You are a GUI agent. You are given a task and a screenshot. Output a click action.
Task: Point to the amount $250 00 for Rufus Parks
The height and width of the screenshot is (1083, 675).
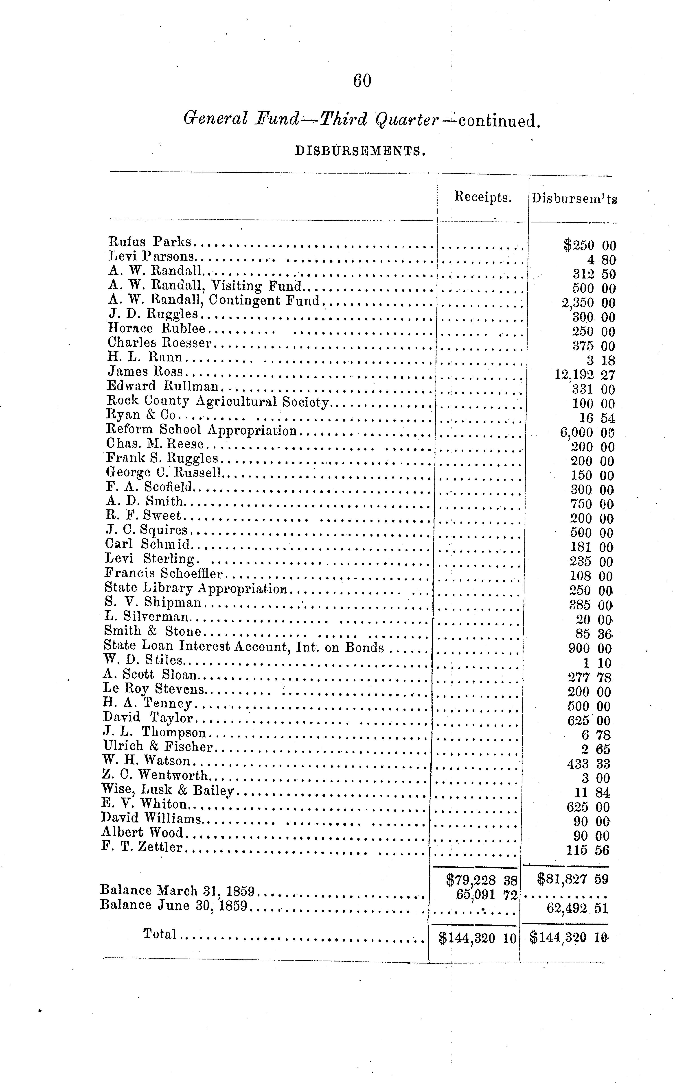click(x=589, y=245)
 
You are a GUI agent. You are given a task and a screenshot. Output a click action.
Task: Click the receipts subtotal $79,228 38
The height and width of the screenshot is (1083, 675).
click(x=481, y=880)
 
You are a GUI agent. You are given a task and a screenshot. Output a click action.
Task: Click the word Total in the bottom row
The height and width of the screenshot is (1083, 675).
click(x=160, y=934)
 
